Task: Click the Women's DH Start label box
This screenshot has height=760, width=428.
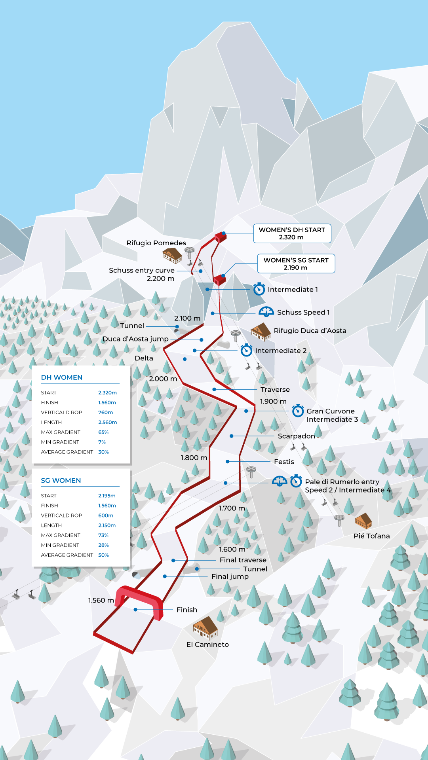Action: pos(292,233)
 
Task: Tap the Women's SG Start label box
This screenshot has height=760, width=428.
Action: pos(296,263)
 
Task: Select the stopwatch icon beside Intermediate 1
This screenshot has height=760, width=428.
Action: pos(259,289)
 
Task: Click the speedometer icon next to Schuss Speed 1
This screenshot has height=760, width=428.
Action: pos(266,312)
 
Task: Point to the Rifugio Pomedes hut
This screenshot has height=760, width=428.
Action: pos(172,255)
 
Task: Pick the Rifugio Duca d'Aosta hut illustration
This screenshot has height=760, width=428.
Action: pos(261,332)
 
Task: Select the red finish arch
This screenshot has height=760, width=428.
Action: pos(139,598)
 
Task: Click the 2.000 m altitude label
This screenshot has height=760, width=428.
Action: pos(163,379)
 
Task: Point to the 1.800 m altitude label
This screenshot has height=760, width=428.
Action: pos(194,458)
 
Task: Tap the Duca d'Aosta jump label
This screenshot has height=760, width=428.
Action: pos(135,339)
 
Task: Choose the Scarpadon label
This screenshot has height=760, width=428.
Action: pos(296,436)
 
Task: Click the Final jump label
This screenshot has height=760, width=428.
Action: pos(230,576)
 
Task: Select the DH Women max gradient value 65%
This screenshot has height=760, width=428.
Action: pos(103,432)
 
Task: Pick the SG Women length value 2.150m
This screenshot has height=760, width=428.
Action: pos(107,525)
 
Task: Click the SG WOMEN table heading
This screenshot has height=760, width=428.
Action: pos(61,480)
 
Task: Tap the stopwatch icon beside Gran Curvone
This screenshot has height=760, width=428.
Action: pos(298,411)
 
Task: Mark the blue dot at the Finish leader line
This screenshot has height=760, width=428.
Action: pos(135,610)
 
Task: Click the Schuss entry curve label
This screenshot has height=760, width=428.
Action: pos(142,271)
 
